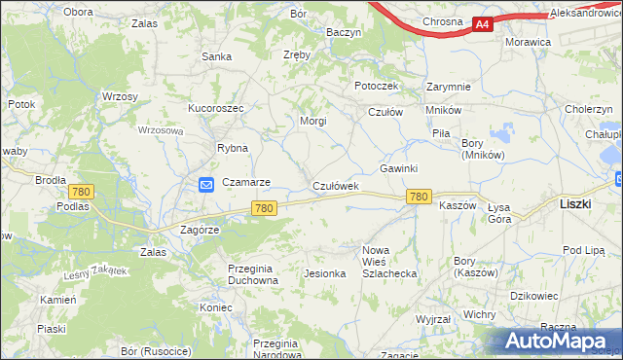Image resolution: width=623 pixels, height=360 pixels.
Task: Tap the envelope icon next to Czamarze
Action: tap(206, 184)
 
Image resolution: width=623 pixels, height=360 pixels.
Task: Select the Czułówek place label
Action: tap(336, 185)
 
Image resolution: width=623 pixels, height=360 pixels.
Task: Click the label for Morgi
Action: tap(312, 122)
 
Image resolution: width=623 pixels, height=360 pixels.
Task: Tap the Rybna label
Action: tap(233, 149)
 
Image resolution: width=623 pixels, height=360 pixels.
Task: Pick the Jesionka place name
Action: tap(325, 273)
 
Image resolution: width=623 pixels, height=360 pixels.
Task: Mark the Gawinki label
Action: tap(399, 168)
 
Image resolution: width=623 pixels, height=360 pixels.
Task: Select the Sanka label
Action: tap(216, 56)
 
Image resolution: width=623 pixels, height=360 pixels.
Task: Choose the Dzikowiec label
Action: tap(533, 295)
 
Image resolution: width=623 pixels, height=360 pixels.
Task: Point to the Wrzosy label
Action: tap(120, 96)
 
